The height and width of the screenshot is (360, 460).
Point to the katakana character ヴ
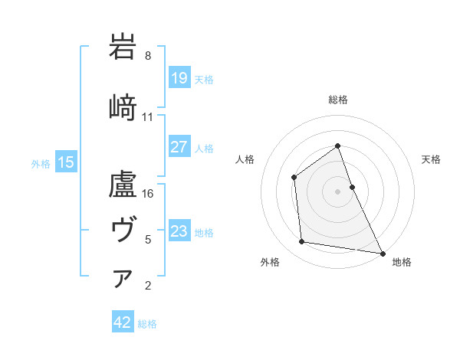coord(123,227)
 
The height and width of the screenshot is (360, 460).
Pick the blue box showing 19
coord(179,78)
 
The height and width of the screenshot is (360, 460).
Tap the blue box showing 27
coord(179,147)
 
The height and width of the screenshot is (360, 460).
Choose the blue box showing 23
coord(179,231)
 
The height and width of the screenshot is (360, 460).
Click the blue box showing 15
coord(66,162)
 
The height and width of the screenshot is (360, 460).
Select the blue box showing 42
coord(123,322)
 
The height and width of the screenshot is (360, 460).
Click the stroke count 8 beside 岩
coord(147,56)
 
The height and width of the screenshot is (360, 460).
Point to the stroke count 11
coord(147,117)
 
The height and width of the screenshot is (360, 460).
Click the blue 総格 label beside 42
coord(147,324)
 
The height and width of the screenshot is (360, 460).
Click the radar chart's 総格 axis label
coord(337,100)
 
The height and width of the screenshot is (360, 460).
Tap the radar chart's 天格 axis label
coord(432,159)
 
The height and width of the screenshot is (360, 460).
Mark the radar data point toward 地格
coord(383,253)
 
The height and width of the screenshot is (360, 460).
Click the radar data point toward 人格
coord(294,177)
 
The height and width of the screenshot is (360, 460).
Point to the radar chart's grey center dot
coord(337,191)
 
